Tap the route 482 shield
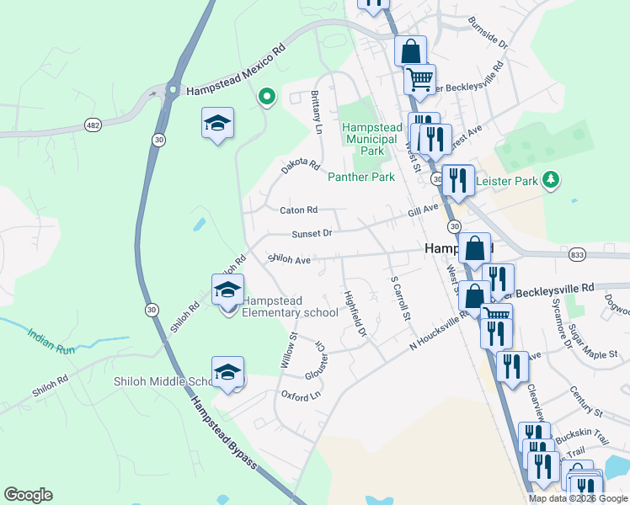coord(93,125)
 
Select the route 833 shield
coord(577,253)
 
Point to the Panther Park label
coord(360,178)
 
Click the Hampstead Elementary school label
coord(290,306)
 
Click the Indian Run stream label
coord(51,340)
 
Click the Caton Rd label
coord(298,210)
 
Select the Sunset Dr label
coord(312,233)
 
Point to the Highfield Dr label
coord(355,314)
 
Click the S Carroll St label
coord(399,299)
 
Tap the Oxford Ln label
coord(301,395)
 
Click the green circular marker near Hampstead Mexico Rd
coord(267,98)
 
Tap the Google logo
coord(28,495)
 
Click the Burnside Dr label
coord(489,32)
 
